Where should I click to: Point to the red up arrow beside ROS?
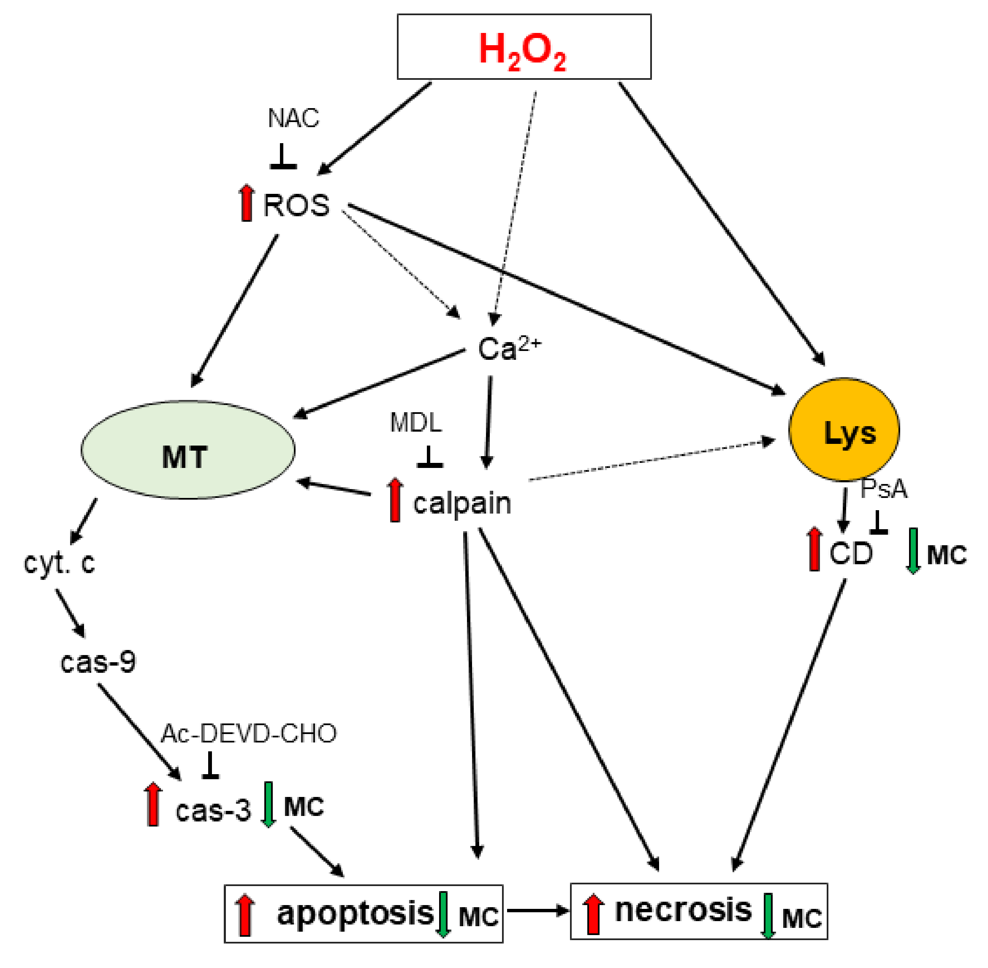[x=247, y=203]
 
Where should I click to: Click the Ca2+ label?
[x=509, y=349]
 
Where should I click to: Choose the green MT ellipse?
[x=187, y=450]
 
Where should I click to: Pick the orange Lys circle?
[x=844, y=430]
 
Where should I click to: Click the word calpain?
[x=461, y=503]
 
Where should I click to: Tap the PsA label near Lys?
[x=883, y=489]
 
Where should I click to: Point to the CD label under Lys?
[x=850, y=553]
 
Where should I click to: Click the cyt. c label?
[x=60, y=563]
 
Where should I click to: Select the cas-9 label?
[x=98, y=662]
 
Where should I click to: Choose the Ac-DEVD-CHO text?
[x=249, y=734]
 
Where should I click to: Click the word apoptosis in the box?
[x=355, y=913]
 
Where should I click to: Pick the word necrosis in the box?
[x=683, y=910]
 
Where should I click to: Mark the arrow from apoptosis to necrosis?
[x=537, y=911]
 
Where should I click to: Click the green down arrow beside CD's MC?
[x=913, y=551]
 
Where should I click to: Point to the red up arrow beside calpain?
[x=395, y=500]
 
